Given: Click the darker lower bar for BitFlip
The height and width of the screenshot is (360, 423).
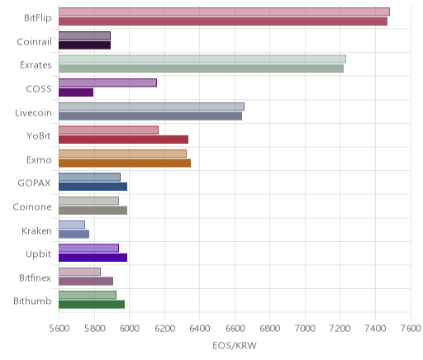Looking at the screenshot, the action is click(x=223, y=21).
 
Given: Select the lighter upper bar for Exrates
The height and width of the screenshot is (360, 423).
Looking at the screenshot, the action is click(x=202, y=59).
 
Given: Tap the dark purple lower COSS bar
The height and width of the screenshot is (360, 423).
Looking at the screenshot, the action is click(x=76, y=92).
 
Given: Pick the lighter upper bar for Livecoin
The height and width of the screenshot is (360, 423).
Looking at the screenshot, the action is click(x=151, y=107).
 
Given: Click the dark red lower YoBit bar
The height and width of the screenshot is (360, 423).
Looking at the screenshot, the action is click(x=123, y=140).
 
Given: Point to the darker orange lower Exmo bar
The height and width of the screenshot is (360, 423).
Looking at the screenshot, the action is click(x=125, y=163).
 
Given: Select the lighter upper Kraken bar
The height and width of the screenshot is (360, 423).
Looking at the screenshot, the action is click(x=72, y=225).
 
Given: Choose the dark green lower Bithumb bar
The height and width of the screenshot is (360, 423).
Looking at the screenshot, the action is click(x=92, y=305).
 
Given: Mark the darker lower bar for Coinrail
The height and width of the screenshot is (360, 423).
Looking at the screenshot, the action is click(x=84, y=45).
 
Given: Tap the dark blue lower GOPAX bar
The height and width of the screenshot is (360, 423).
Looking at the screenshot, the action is click(x=93, y=187).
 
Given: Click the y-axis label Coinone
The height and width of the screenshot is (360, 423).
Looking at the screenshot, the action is click(x=32, y=206).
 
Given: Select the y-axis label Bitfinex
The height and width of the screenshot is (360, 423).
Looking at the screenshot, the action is click(x=35, y=277).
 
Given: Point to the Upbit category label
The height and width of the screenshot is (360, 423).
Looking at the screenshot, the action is click(x=38, y=254).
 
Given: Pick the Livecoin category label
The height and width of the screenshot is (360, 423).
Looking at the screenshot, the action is click(x=33, y=112).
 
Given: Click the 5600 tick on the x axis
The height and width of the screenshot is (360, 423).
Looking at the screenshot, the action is click(x=59, y=329).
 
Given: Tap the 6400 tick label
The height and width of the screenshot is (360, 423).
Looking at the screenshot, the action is click(x=200, y=329).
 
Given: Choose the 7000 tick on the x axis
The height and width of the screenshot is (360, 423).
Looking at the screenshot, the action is click(x=305, y=329).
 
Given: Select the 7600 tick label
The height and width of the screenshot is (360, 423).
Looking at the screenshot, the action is click(x=411, y=329).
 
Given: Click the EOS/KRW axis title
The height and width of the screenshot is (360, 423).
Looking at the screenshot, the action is click(x=235, y=345).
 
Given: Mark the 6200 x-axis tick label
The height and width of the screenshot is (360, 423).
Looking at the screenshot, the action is click(x=164, y=329).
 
